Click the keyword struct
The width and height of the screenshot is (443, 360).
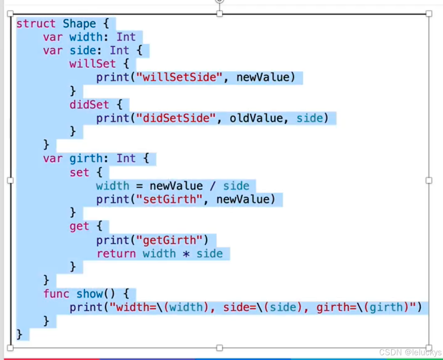coord(36,24)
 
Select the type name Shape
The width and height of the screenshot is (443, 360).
coord(80,24)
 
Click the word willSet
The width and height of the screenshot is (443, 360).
coord(93,64)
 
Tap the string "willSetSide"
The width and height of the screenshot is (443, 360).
coord(179,77)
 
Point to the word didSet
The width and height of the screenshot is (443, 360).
coord(89,104)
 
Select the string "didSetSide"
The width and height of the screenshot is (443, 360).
coord(176,118)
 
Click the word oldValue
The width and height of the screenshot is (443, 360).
coord(256,118)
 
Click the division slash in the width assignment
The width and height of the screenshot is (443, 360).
coord(213,186)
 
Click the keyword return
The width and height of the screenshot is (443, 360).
coord(116,253)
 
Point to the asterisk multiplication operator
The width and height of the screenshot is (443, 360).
coord(186,253)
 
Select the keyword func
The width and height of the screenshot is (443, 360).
coord(56,294)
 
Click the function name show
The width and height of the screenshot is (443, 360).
coord(89,294)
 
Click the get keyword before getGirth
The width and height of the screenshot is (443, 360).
coord(79,226)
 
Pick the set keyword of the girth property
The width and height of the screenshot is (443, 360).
coord(79,172)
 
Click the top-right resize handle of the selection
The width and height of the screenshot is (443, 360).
coord(429,14)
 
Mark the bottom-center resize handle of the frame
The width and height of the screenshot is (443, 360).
coord(220,348)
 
